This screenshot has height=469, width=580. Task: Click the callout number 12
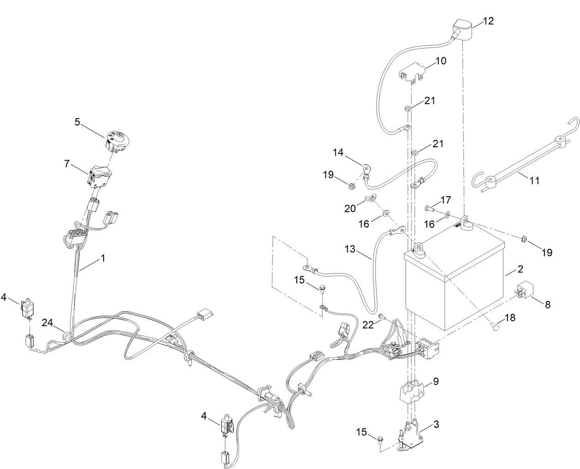488,21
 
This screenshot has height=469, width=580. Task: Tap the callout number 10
441,60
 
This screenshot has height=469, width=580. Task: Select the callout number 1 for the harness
103,259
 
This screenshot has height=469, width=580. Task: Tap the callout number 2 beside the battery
520,269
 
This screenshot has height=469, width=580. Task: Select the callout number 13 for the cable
350,249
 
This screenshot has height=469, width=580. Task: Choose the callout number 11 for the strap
534,180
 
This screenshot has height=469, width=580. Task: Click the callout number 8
547,305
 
